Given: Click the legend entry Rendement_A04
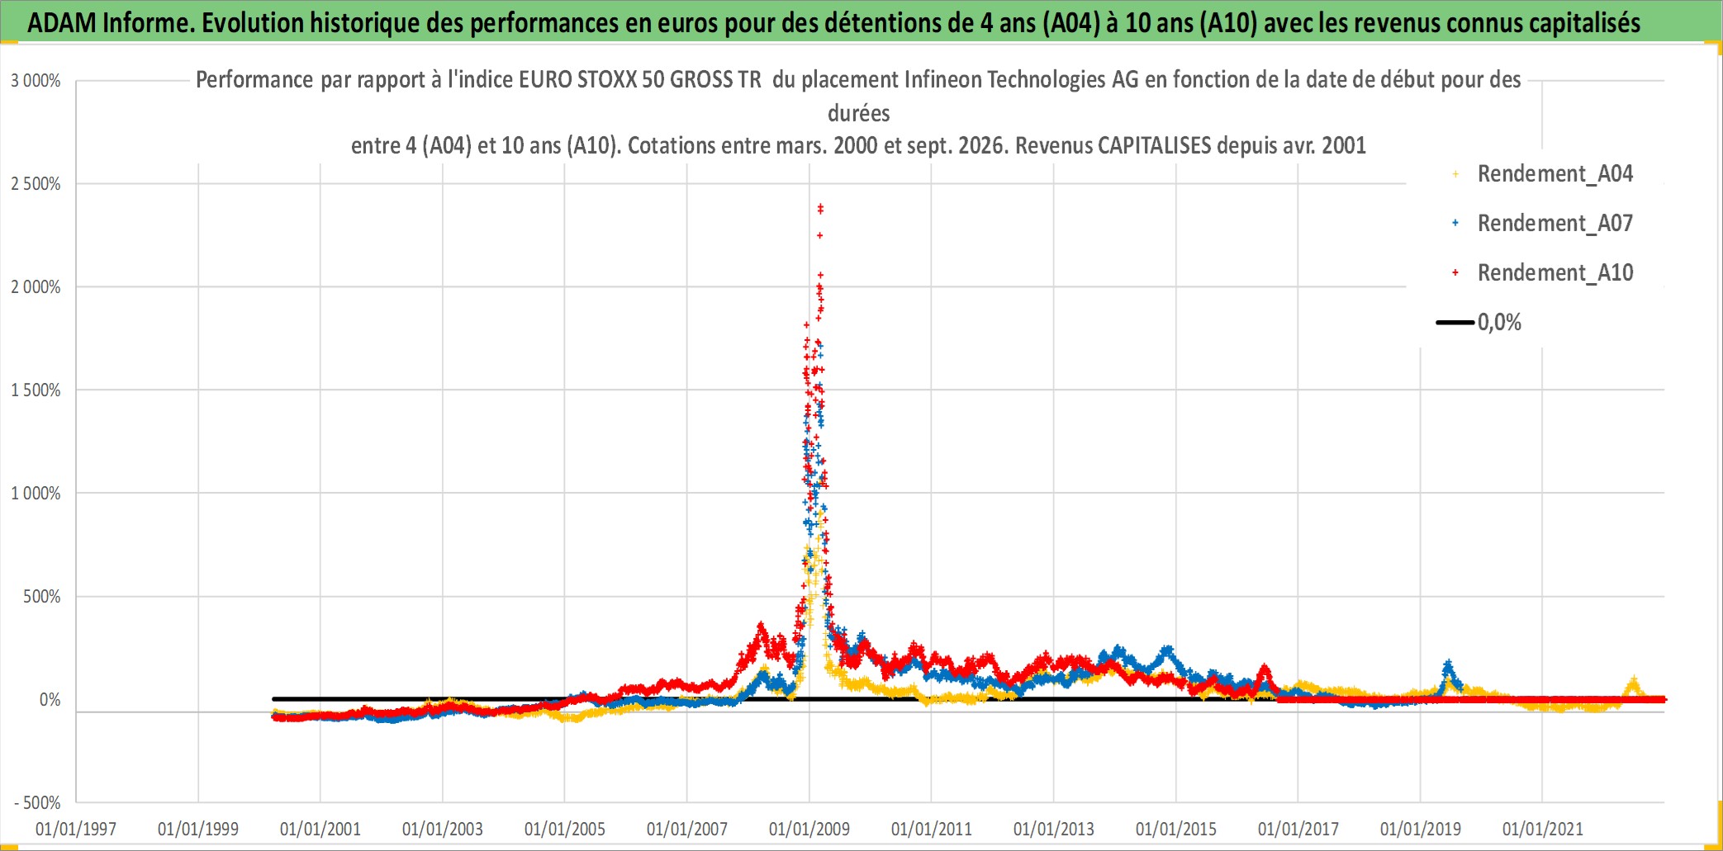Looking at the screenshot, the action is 1554,173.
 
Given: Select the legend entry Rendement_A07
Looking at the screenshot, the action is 1554,223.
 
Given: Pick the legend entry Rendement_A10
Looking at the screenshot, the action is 1554,272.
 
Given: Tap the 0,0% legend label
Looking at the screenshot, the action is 1499,322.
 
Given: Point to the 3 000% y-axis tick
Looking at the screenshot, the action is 36,81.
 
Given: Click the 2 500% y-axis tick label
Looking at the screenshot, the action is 36,184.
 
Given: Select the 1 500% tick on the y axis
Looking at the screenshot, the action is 36,390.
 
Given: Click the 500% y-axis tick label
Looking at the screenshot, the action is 42,597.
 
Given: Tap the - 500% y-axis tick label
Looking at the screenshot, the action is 37,803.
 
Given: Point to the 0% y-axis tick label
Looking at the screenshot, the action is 50,700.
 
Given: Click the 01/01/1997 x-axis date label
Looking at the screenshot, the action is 76,829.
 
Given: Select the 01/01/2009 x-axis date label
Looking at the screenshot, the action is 809,829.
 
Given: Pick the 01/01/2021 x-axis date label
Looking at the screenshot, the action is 1543,829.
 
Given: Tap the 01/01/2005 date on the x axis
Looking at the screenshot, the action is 565,829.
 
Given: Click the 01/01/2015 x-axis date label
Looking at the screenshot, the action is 1176,829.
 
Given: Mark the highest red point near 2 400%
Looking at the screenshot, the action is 820,207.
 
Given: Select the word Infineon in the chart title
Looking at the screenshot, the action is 942,79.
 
